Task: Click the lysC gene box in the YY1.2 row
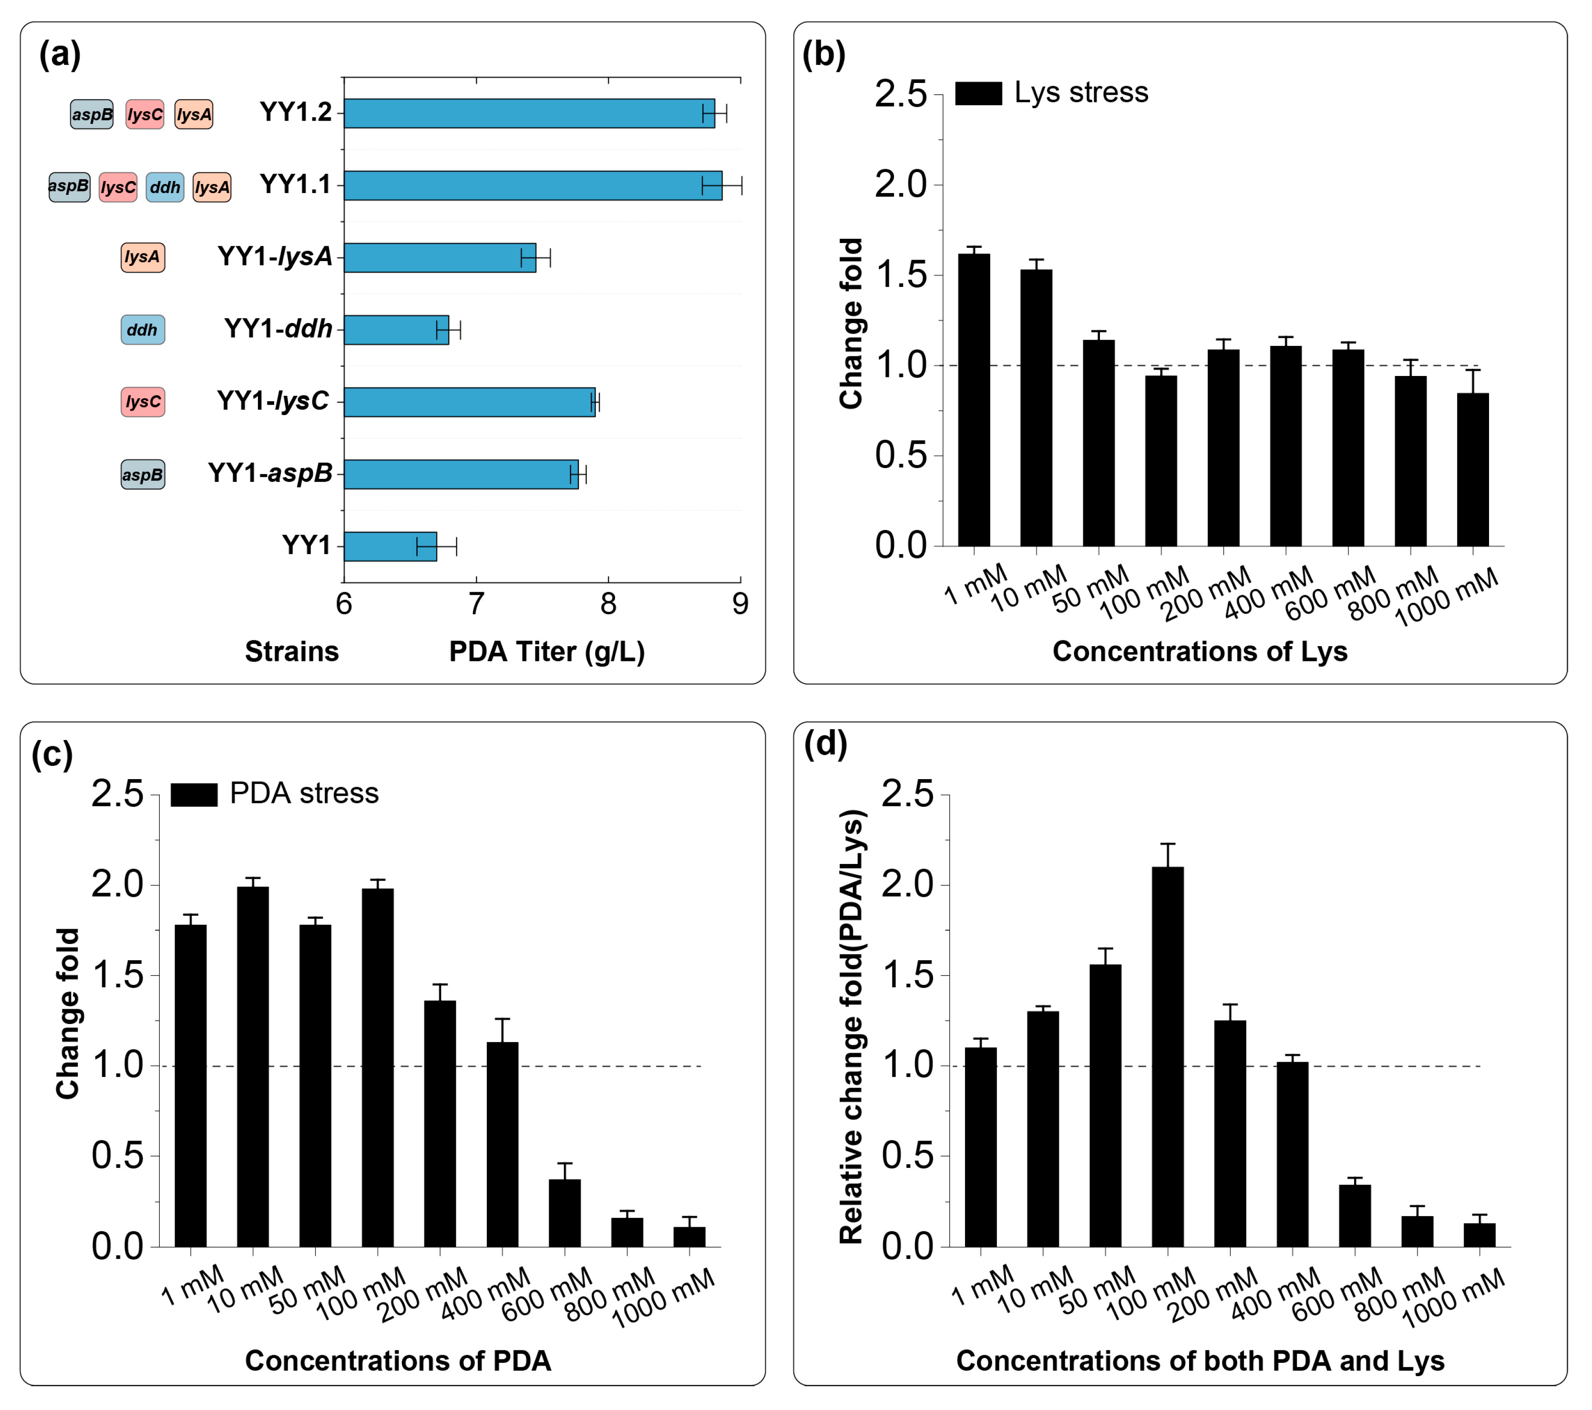click(x=145, y=114)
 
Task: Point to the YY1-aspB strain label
click(x=269, y=473)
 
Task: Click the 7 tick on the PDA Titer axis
click(x=476, y=604)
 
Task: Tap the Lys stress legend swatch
click(x=978, y=92)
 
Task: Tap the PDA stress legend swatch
click(x=194, y=794)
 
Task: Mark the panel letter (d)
click(x=826, y=744)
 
